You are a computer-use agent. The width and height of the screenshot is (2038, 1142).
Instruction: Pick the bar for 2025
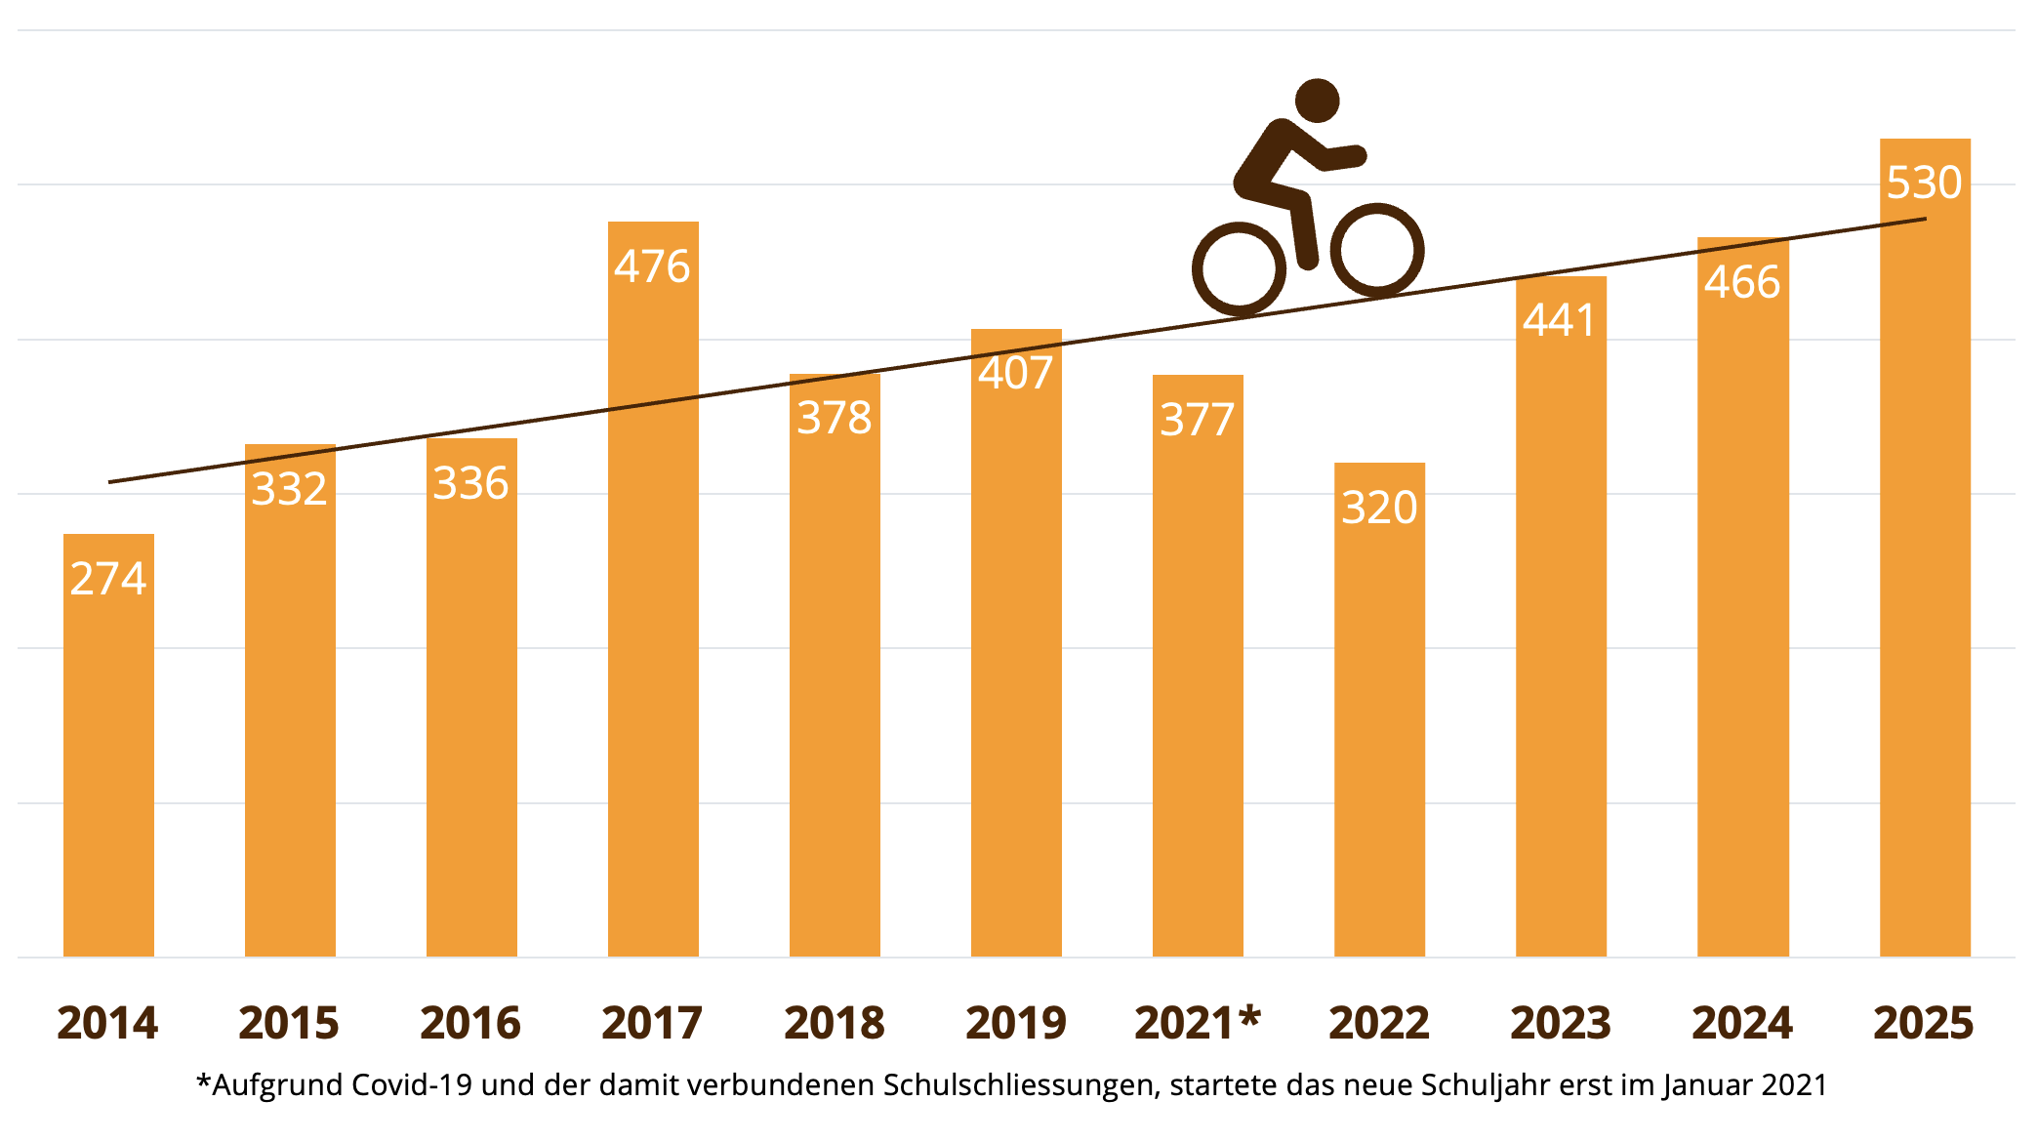click(1925, 586)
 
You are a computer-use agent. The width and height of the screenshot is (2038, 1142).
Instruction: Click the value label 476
click(652, 266)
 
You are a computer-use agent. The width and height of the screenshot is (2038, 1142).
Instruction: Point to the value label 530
click(1924, 183)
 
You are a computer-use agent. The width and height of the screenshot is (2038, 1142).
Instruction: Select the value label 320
click(1379, 508)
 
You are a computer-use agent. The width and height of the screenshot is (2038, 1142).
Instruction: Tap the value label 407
click(1016, 373)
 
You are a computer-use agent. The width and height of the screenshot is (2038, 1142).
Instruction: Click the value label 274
click(108, 579)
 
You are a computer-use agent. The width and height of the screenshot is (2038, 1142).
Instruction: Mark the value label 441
click(1560, 320)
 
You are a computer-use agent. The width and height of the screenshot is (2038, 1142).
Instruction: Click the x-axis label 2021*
click(1198, 1023)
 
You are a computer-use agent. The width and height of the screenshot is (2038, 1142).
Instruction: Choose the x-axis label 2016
click(470, 1023)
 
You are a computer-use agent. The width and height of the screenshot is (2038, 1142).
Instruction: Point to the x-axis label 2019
click(1016, 1023)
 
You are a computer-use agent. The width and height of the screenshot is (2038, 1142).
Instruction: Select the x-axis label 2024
click(1742, 1023)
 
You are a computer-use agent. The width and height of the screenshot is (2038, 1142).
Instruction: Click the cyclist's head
click(1317, 101)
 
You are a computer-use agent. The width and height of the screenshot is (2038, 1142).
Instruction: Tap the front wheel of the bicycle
click(1377, 250)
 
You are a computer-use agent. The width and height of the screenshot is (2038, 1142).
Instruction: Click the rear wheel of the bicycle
click(1239, 269)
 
